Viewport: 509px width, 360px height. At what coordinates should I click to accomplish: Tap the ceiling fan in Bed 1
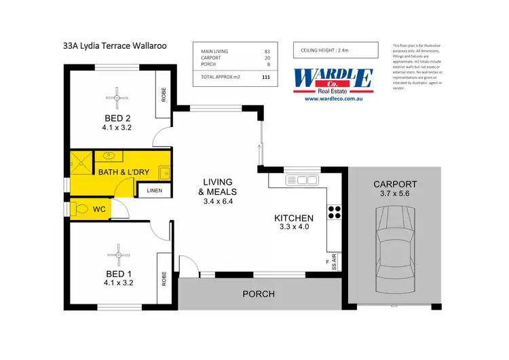click(119, 255)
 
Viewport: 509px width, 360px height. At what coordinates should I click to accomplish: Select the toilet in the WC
click(83, 209)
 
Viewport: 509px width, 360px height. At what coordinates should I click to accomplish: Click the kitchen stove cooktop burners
click(333, 211)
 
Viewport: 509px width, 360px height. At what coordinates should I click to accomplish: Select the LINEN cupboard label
click(155, 191)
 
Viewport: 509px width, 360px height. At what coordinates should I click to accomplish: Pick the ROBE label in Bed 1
click(164, 278)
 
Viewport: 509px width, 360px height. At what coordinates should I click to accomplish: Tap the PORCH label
click(259, 294)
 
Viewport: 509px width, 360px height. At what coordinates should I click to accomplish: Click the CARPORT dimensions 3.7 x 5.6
click(394, 194)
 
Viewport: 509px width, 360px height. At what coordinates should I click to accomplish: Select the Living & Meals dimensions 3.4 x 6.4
click(218, 201)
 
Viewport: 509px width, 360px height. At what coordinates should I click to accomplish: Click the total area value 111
click(265, 77)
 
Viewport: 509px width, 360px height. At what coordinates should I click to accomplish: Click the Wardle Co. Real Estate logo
click(333, 80)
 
